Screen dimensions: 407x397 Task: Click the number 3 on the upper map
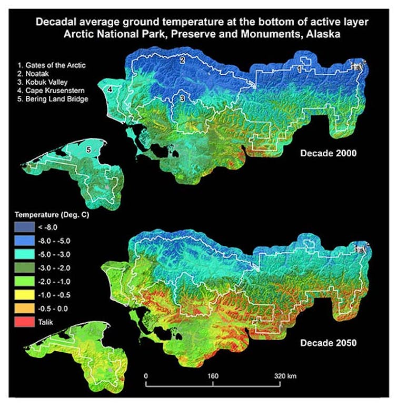coord(182,98)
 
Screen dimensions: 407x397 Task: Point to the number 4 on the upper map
coord(110,91)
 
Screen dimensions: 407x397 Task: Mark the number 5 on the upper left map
coord(89,150)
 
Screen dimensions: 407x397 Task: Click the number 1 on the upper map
coord(299,69)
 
